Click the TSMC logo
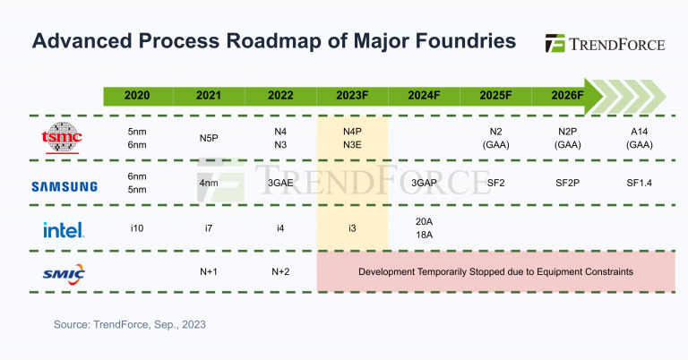(62, 138)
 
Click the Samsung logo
(64, 186)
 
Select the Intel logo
(64, 229)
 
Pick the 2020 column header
(137, 95)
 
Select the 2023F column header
(352, 95)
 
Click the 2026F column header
(566, 95)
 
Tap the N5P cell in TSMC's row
(209, 139)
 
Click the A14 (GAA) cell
(639, 138)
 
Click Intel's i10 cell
(137, 228)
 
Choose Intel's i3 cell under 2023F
(352, 228)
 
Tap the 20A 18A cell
(424, 227)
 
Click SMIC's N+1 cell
(209, 270)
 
